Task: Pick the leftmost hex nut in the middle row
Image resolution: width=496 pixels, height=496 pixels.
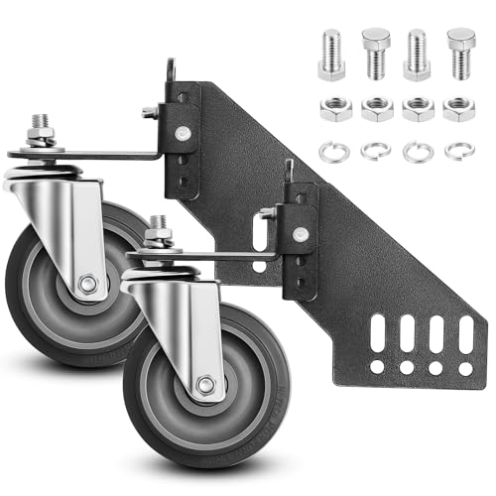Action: pyautogui.click(x=333, y=109)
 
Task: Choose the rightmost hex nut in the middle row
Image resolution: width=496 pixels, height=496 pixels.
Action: pyautogui.click(x=458, y=109)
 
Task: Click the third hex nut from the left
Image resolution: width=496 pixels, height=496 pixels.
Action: pyautogui.click(x=417, y=109)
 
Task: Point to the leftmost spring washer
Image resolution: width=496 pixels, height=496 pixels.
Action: pyautogui.click(x=333, y=152)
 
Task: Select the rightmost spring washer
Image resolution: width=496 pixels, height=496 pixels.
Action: pyautogui.click(x=458, y=152)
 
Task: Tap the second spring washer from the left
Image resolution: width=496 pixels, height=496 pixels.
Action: pyautogui.click(x=375, y=152)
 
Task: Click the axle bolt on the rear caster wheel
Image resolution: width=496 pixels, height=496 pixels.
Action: pyautogui.click(x=88, y=285)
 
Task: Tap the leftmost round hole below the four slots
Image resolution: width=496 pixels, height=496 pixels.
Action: pyautogui.click(x=376, y=367)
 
